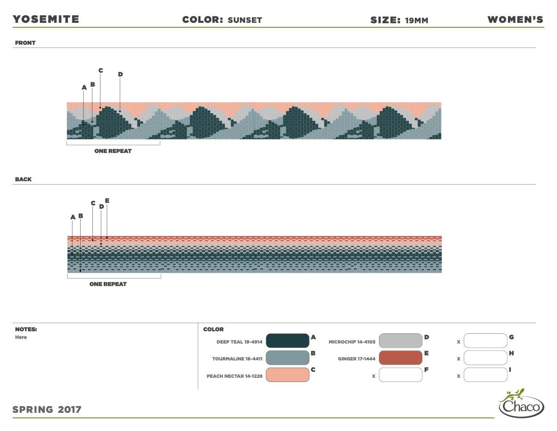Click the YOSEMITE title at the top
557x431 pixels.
tap(46, 19)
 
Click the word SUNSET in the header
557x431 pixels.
tap(245, 20)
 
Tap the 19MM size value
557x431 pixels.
tap(416, 20)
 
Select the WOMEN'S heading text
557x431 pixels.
tap(515, 19)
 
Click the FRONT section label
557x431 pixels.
tap(25, 43)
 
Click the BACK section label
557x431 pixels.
tap(23, 179)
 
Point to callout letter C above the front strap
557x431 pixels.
tap(101, 70)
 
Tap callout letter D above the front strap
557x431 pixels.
tap(120, 74)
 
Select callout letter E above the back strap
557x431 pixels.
tap(107, 200)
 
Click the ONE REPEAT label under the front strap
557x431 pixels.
tap(113, 151)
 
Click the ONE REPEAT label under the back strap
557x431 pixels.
tap(108, 284)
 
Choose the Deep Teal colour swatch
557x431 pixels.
tap(287, 341)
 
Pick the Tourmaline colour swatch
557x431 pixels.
tap(287, 357)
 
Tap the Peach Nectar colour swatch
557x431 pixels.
tap(287, 374)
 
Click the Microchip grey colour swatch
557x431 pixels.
tap(400, 341)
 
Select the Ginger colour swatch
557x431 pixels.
tap(400, 357)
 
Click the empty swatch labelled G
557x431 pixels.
tap(485, 341)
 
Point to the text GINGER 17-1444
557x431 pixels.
tap(357, 359)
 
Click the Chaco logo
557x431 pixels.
tap(521, 403)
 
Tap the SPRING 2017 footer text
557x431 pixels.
tap(47, 409)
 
